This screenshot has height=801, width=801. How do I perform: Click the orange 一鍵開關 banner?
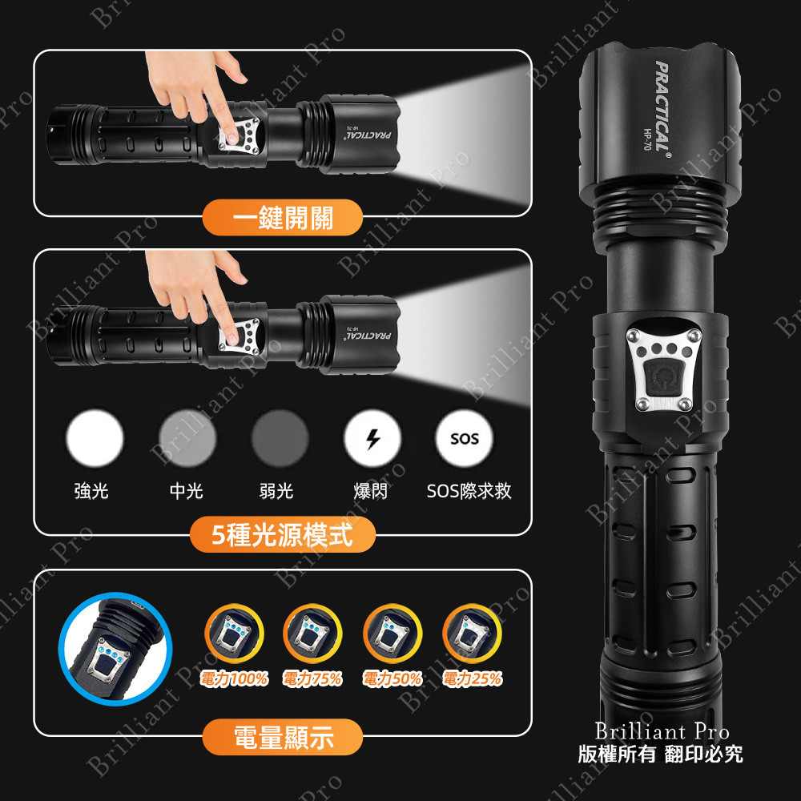click(x=283, y=217)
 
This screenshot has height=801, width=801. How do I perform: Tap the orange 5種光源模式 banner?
click(x=283, y=535)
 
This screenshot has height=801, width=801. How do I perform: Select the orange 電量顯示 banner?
click(x=283, y=738)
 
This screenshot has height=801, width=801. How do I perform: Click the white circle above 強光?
click(x=95, y=438)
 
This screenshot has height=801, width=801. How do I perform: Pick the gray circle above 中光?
click(x=187, y=438)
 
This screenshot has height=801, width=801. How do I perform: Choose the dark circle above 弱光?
click(x=280, y=438)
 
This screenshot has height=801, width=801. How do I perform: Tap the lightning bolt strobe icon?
click(x=372, y=438)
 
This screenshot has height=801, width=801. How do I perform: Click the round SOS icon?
click(x=465, y=438)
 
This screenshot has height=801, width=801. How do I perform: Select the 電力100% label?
click(x=234, y=679)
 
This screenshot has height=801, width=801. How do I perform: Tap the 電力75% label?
click(x=312, y=679)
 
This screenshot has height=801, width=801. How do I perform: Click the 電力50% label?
click(x=392, y=679)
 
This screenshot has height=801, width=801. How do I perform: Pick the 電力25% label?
click(x=473, y=679)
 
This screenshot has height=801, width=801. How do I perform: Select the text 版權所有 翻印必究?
click(x=661, y=754)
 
